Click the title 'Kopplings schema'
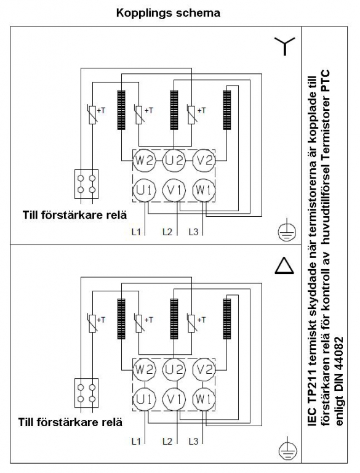(168, 14)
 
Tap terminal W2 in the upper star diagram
(145, 160)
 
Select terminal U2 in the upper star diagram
(174, 160)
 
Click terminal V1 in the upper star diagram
(174, 190)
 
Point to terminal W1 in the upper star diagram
(204, 190)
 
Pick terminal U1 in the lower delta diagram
(145, 399)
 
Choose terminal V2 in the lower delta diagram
(204, 370)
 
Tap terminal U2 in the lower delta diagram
(174, 370)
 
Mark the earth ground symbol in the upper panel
(287, 232)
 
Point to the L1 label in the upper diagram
(136, 232)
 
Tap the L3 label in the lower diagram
(193, 442)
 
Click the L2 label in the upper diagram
(167, 232)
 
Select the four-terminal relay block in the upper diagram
(87, 184)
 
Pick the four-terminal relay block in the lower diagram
(87, 393)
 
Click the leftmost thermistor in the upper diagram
(92, 115)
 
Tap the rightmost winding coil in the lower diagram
(227, 319)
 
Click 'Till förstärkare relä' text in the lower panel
(70, 422)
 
